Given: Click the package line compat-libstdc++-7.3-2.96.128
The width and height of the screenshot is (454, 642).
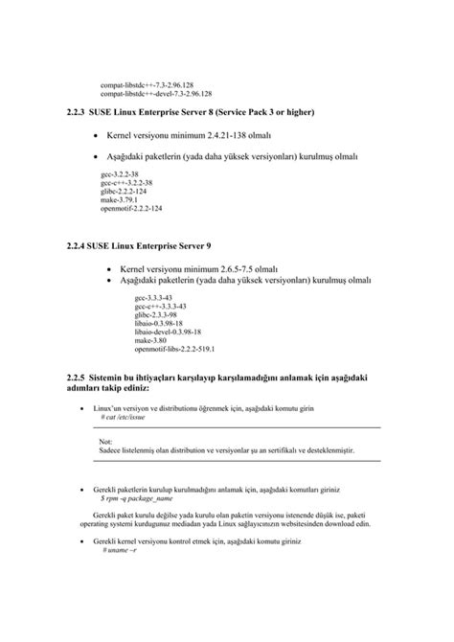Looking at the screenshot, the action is pyautogui.click(x=152, y=85).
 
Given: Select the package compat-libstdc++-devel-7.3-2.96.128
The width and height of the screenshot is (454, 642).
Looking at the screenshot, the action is pyautogui.click(x=156, y=94).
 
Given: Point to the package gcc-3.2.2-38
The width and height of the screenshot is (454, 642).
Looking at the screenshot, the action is pyautogui.click(x=120, y=174).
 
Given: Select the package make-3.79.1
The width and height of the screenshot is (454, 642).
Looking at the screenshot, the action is pyautogui.click(x=119, y=198).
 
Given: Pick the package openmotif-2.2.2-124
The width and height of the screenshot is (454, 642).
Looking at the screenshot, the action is pyautogui.click(x=131, y=207).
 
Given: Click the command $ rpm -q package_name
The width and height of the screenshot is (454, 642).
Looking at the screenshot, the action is pyautogui.click(x=136, y=498).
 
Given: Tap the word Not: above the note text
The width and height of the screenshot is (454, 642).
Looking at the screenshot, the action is pyautogui.click(x=105, y=441).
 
